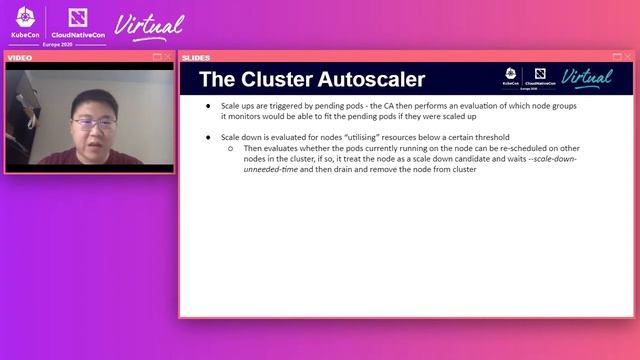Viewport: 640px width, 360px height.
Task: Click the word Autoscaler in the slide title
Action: point(365,79)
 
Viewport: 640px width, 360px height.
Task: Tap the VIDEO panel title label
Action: point(20,57)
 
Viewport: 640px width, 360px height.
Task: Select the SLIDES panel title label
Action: point(197,57)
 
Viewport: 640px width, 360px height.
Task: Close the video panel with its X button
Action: point(167,57)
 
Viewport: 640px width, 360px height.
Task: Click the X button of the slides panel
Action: point(628,57)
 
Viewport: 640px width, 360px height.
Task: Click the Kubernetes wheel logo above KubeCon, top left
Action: point(24,17)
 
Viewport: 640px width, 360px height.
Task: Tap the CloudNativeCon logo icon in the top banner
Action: point(75,17)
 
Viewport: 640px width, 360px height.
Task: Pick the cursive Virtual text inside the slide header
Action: point(587,77)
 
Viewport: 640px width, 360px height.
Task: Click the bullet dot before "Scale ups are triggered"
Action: point(208,105)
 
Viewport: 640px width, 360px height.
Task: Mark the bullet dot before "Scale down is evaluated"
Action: point(208,137)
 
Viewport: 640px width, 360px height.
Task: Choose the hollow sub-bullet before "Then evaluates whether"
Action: point(230,148)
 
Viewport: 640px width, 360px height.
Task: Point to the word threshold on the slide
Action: point(490,137)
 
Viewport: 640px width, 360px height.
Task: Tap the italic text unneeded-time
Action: point(275,169)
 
